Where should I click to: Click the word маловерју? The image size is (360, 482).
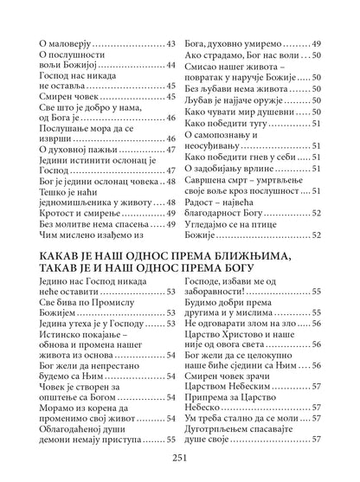(74, 42)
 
